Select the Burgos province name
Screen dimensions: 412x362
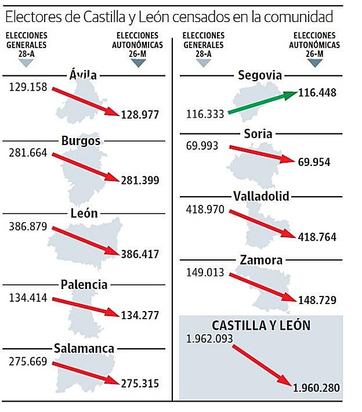[81, 140]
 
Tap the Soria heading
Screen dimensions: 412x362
[259, 133]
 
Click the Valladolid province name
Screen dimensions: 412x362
[260, 196]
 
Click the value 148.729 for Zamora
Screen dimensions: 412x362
[316, 300]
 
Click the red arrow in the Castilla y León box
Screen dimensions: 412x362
[261, 364]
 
